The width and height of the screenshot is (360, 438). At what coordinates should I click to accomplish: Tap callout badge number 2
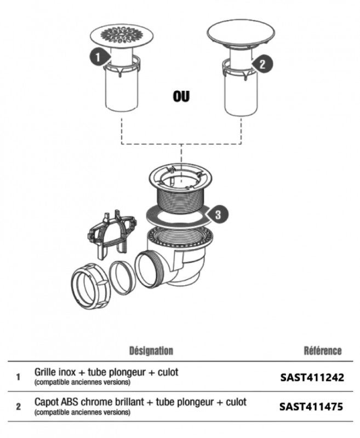(262, 64)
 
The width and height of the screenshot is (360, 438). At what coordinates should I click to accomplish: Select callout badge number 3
(218, 215)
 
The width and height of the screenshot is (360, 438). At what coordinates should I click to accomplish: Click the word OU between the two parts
(181, 96)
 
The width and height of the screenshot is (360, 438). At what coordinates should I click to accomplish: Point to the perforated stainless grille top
(122, 36)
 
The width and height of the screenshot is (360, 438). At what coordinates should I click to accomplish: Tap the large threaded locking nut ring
(90, 286)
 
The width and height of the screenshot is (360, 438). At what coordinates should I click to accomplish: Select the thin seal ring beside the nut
(122, 277)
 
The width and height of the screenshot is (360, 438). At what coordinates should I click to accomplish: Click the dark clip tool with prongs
(112, 235)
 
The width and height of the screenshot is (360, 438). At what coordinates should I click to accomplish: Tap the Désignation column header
(151, 351)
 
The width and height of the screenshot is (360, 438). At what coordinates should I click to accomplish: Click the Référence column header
(323, 351)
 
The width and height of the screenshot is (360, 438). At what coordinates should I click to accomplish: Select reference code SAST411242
(312, 377)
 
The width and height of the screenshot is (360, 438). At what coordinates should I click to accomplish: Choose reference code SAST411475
(311, 406)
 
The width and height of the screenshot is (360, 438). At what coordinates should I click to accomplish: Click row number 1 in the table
(18, 377)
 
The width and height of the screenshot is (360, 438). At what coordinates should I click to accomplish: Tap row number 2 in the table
(19, 406)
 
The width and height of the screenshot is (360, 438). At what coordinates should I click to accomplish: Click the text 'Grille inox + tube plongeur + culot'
(106, 372)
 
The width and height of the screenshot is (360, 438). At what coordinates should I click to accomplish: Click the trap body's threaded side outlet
(149, 268)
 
